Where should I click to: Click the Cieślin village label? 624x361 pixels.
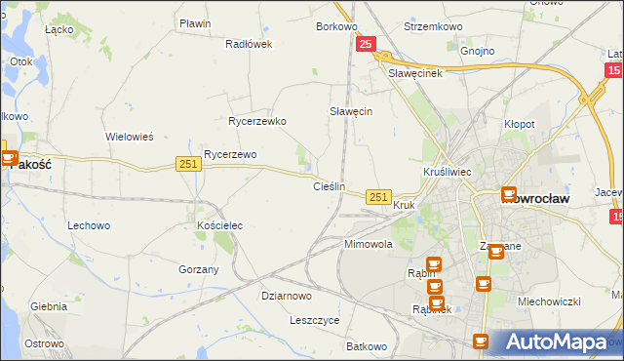click(x=329, y=186)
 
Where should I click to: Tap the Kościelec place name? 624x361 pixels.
click(x=219, y=225)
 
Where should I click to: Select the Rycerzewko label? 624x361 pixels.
click(x=255, y=122)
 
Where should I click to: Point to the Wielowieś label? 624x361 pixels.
click(x=130, y=137)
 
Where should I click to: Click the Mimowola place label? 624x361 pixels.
click(x=368, y=245)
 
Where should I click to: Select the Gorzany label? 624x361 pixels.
click(x=199, y=268)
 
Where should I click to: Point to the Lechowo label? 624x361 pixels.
click(x=88, y=225)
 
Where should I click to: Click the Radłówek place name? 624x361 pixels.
click(x=249, y=44)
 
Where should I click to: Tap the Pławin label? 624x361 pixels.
click(x=195, y=22)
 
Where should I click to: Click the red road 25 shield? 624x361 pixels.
click(x=366, y=44)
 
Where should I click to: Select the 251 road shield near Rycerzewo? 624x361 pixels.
click(x=189, y=164)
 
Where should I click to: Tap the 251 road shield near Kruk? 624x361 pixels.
click(x=379, y=197)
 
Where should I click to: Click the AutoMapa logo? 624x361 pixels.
click(x=556, y=341)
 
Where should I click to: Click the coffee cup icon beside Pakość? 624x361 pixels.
click(x=9, y=157)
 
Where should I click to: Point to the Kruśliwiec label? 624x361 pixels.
click(x=448, y=172)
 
